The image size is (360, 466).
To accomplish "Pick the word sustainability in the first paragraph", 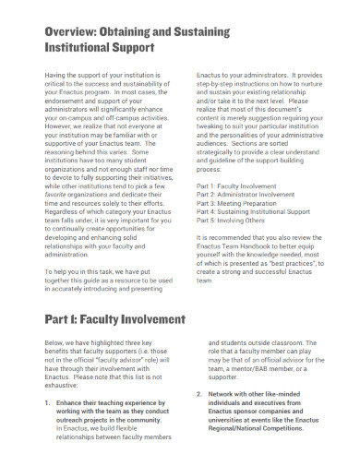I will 141,90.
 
